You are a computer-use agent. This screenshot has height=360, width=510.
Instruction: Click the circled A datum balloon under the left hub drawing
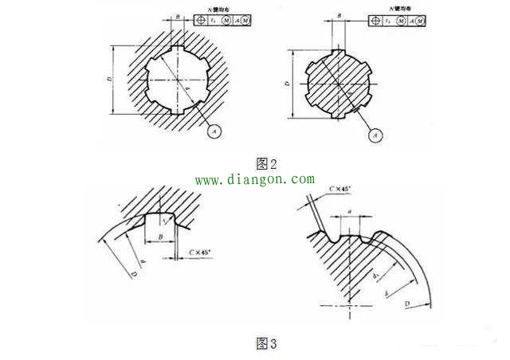pyautogui.click(x=213, y=127)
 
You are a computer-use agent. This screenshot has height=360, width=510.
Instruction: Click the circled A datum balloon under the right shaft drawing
pyautogui.click(x=375, y=136)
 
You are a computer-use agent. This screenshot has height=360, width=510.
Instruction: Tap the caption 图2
pyautogui.click(x=265, y=164)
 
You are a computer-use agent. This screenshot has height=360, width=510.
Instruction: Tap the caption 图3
pyautogui.click(x=265, y=343)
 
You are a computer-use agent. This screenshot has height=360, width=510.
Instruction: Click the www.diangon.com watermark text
pyautogui.click(x=255, y=180)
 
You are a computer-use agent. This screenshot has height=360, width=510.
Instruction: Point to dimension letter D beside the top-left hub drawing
pyautogui.click(x=109, y=80)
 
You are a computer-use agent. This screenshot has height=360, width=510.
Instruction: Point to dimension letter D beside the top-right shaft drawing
pyautogui.click(x=287, y=82)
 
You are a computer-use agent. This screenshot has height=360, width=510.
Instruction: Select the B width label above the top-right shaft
pyautogui.click(x=339, y=15)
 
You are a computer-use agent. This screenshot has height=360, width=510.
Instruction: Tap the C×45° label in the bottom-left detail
pyautogui.click(x=199, y=253)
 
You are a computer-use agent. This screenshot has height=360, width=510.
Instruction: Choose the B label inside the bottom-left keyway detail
pyautogui.click(x=162, y=237)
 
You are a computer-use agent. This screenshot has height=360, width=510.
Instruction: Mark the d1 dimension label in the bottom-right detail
pyautogui.click(x=375, y=275)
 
